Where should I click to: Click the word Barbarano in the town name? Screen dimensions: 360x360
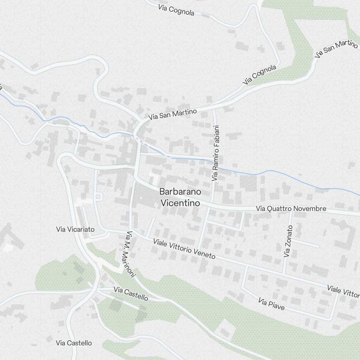181,192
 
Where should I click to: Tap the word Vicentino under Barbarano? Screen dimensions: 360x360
180,203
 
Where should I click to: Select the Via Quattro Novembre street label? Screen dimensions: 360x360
291,208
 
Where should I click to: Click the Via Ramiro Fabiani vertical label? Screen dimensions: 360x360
215,153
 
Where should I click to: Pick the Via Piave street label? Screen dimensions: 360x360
271,304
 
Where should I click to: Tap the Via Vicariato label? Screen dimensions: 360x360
75,229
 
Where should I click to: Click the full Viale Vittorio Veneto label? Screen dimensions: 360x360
184,249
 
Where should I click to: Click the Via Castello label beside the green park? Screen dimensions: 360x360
131,293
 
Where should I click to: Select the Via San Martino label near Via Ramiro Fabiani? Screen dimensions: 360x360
172,114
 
